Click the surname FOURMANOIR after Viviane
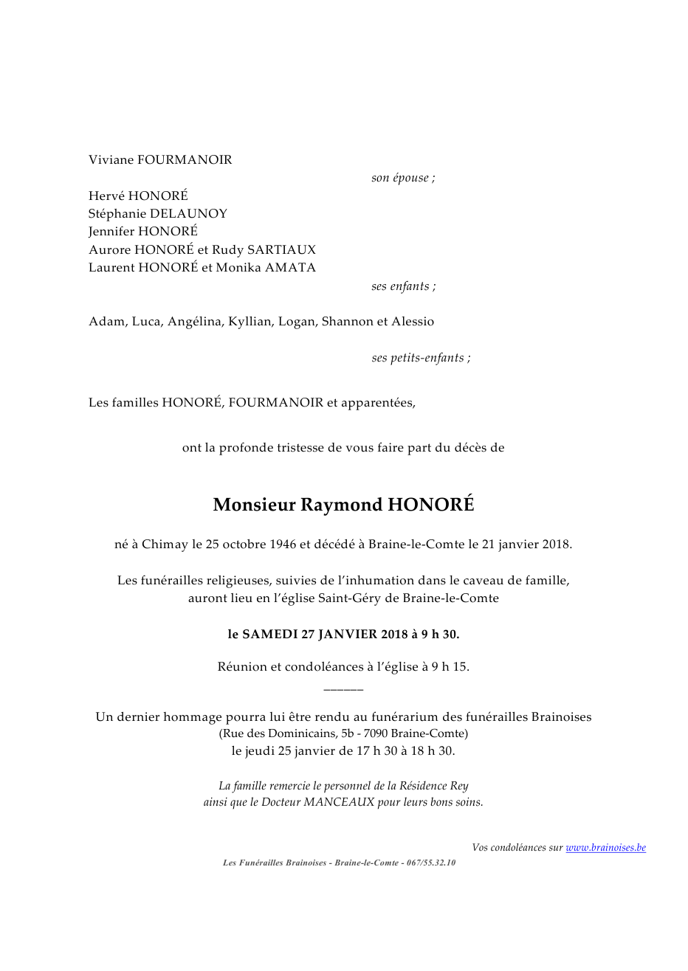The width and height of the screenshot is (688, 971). click(185, 160)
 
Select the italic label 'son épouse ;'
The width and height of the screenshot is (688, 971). click(403, 178)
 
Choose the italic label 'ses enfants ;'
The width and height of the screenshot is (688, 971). click(403, 286)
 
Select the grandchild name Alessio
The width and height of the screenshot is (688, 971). click(413, 322)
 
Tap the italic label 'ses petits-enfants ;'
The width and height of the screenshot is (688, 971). click(421, 358)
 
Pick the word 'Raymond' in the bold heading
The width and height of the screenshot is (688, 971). click(342, 505)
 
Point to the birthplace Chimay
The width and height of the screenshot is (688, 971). click(165, 545)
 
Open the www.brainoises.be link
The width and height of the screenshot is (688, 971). click(605, 848)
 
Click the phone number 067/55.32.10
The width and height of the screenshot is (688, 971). click(431, 863)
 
